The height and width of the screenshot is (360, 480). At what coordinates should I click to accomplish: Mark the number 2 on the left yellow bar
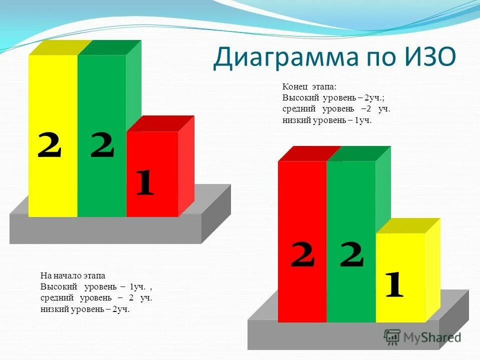point(49,146)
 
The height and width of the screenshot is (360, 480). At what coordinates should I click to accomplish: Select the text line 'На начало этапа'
point(72,275)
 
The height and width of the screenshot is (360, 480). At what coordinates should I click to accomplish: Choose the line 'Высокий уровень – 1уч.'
point(95,287)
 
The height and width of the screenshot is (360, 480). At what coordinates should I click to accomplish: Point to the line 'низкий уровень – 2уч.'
point(85,309)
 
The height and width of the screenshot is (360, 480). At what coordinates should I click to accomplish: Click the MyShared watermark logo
point(422,337)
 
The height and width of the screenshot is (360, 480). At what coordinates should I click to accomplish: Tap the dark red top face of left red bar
point(160,123)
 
